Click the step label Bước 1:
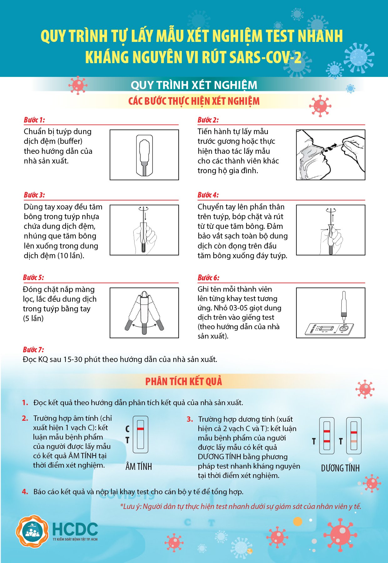tap(34, 120)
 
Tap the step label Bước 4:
tap(208, 195)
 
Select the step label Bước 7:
tap(33, 349)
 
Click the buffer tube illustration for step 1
tap(144, 155)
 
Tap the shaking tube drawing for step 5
tap(144, 313)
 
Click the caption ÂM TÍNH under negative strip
tap(139, 467)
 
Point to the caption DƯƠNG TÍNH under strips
tap(340, 468)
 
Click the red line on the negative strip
tap(140, 429)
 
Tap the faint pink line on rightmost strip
tap(354, 441)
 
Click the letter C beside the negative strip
tap(127, 429)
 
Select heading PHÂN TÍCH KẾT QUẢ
tap(184, 381)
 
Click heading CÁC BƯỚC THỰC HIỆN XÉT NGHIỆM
tap(194, 101)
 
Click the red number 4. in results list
tap(25, 492)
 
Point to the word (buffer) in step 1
tap(70, 141)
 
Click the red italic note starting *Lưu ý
tap(240, 506)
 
